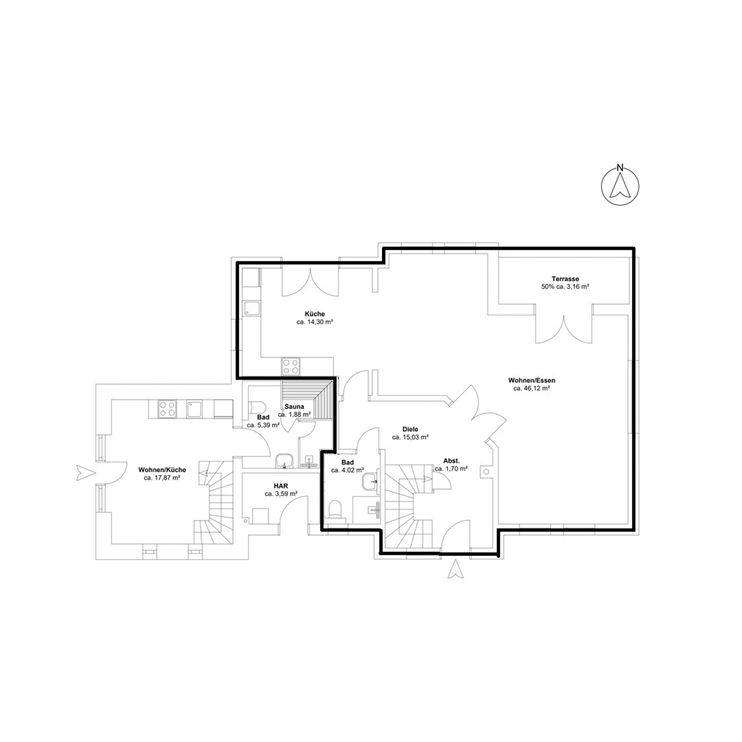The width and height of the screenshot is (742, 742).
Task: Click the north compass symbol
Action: (620, 185)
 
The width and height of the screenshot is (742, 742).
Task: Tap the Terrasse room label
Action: (565, 279)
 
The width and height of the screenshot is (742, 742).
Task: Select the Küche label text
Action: (315, 314)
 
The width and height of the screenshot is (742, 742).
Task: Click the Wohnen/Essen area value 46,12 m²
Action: (531, 388)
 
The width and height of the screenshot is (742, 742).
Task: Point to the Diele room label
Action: (410, 429)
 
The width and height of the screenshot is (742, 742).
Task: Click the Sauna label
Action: (294, 406)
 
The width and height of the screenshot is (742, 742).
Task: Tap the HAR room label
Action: (281, 486)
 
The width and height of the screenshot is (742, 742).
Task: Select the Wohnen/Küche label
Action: (162, 470)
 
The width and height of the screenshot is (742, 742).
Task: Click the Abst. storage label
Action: (451, 460)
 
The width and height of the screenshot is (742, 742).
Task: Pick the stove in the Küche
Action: (291, 366)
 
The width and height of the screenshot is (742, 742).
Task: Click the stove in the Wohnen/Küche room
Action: (168, 409)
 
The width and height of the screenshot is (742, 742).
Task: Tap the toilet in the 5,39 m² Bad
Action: (257, 407)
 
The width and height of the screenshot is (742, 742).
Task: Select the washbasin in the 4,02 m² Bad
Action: (370, 481)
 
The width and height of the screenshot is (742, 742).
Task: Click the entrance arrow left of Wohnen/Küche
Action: (85, 472)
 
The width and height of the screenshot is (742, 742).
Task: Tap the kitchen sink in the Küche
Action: (252, 308)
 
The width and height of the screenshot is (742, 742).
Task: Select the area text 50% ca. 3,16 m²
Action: (565, 287)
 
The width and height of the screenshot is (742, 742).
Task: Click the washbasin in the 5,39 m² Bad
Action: (284, 460)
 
